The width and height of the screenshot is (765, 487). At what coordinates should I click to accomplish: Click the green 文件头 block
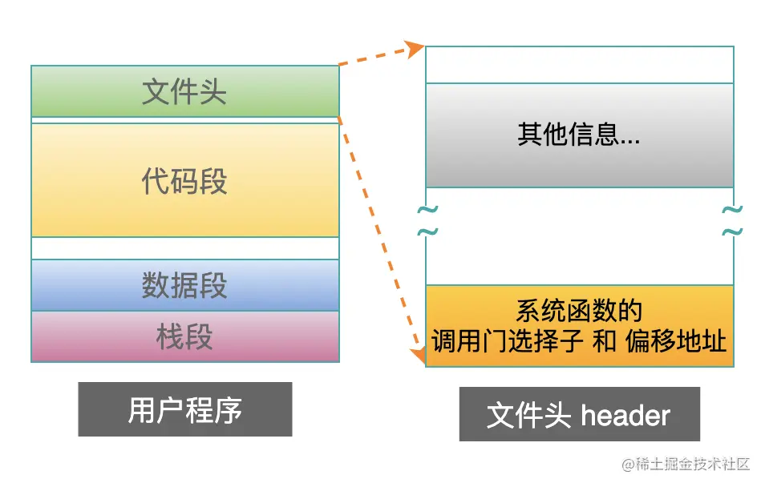point(184,91)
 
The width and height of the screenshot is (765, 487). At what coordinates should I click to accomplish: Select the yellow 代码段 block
point(184,180)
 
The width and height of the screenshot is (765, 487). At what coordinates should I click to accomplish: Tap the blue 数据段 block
point(184,285)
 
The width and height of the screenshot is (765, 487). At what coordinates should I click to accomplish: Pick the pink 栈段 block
point(184,336)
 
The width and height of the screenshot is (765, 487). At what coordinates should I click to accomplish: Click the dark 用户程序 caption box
point(184,409)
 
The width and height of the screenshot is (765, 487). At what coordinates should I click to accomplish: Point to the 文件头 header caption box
point(579,414)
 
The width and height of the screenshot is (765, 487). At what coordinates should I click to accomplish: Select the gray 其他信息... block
point(579,135)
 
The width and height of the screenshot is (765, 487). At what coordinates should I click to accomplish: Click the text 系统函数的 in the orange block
point(579,310)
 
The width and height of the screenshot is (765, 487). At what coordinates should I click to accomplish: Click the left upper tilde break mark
point(427,211)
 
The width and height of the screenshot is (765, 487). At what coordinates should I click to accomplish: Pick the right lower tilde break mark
point(731,232)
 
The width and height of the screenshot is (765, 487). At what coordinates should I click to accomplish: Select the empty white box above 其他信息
point(579,65)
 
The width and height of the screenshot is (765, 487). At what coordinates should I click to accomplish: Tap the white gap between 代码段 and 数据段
point(184,248)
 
